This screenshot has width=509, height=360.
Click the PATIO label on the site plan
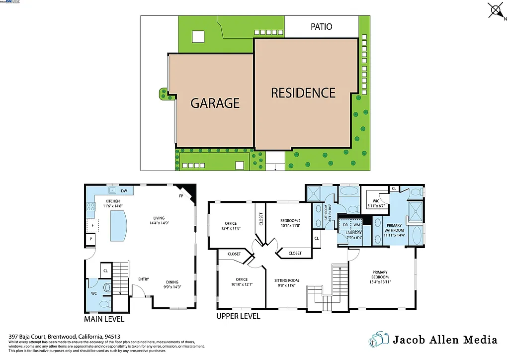click(321, 26)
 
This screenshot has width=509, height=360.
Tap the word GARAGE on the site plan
click(215, 103)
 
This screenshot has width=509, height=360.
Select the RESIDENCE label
click(303, 93)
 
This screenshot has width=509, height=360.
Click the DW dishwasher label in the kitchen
click(124, 190)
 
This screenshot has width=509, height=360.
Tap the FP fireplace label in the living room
click(181, 196)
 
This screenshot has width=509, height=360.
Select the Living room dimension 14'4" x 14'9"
click(159, 224)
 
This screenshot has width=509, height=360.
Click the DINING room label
click(172, 282)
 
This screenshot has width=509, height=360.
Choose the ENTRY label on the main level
click(143, 279)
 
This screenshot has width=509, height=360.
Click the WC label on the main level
click(93, 293)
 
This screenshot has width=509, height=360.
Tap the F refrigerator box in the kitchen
click(91, 225)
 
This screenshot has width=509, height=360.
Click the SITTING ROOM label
click(287, 280)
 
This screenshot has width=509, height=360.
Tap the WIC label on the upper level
click(376, 201)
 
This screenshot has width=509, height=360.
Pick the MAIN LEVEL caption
click(104, 319)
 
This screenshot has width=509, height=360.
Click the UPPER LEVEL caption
click(238, 316)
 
